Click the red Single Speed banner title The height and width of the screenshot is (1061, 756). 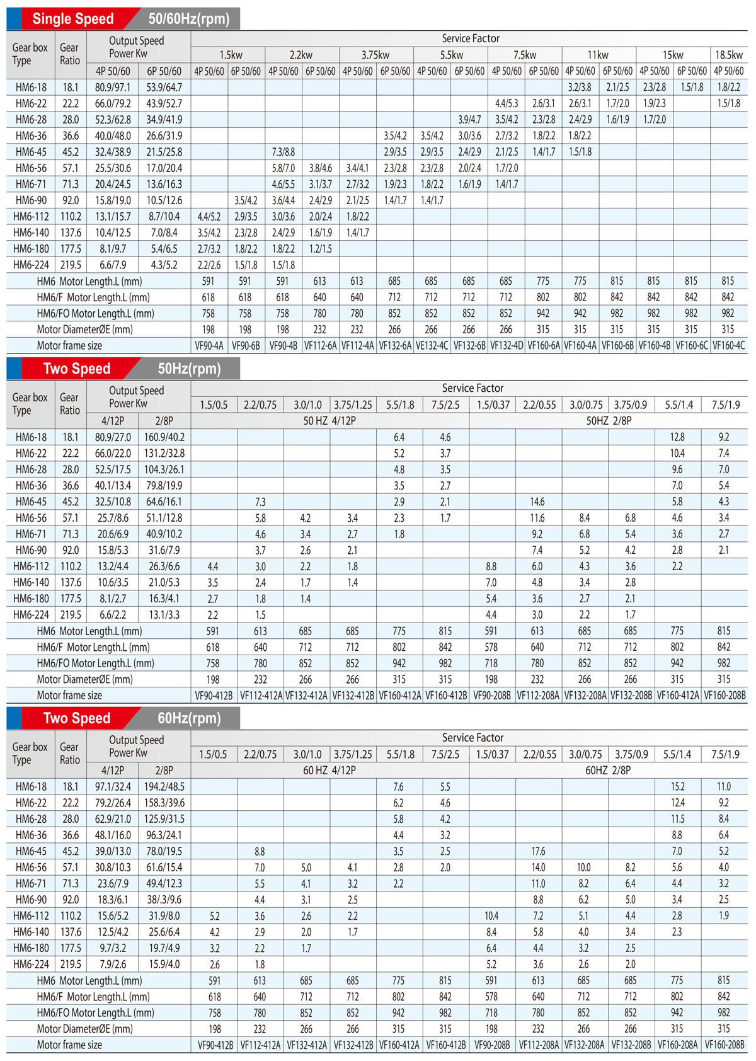point(73,18)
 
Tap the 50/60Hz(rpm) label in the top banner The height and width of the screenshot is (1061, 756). point(189,18)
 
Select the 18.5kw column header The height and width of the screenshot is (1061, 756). point(728,55)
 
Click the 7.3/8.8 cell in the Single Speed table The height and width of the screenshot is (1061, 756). point(283,152)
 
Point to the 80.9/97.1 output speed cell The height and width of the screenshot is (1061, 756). point(113,88)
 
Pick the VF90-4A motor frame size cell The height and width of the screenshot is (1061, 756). point(209,346)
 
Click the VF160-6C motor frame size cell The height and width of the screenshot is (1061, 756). point(692,346)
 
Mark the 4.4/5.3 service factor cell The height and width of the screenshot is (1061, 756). point(507,103)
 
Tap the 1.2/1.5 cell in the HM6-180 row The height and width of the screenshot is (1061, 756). point(321,249)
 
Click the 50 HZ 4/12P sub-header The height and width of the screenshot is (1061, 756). point(329,421)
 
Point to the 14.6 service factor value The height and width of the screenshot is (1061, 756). point(537,502)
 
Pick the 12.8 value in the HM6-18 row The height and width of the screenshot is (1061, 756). point(677,437)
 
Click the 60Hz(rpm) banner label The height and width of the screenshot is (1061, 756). point(189,718)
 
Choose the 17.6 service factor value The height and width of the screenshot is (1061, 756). point(538,851)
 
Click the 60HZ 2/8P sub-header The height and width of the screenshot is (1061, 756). point(608,770)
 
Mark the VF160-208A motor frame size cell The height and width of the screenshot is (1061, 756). point(678,1045)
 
